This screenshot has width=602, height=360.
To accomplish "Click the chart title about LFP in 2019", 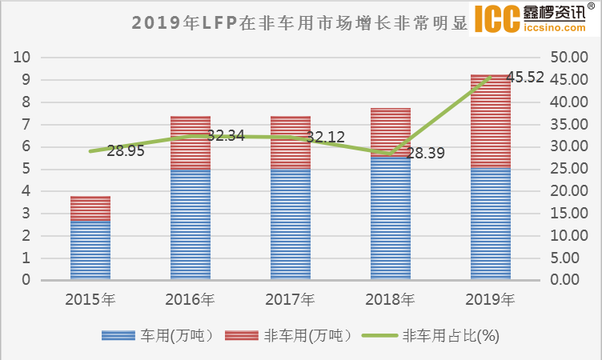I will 300,22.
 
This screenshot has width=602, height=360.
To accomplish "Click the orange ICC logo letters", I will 497,21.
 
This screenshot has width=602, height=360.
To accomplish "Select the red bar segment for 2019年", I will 491,120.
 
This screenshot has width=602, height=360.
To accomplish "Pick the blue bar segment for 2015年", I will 90,249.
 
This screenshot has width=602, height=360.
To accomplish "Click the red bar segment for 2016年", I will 191,142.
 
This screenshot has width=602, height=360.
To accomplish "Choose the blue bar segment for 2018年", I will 391,217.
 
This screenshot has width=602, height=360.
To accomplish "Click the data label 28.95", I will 125,151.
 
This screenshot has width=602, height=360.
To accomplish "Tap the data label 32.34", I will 225,136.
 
